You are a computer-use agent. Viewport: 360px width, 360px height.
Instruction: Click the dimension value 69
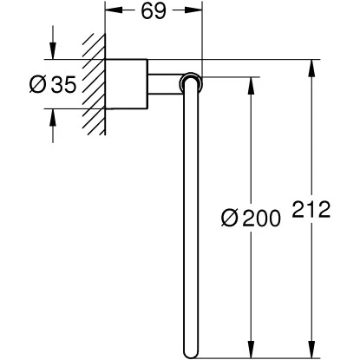pyautogui.click(x=154, y=11)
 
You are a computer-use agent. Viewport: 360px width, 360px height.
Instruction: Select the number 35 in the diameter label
pyautogui.click(x=63, y=84)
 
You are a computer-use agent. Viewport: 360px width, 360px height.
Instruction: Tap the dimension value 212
pyautogui.click(x=311, y=209)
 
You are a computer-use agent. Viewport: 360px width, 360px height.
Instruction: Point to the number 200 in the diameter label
pyautogui.click(x=262, y=218)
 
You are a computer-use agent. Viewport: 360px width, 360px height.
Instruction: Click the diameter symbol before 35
pyautogui.click(x=38, y=84)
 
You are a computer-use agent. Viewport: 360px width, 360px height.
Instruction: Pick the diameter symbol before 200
pyautogui.click(x=230, y=218)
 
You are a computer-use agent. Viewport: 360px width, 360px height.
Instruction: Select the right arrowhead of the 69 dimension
pyautogui.click(x=194, y=10)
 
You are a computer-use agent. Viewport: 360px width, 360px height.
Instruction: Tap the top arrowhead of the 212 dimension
pyautogui.click(x=311, y=68)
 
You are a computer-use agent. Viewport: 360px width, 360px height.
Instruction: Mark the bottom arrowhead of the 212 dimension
pyautogui.click(x=311, y=350)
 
